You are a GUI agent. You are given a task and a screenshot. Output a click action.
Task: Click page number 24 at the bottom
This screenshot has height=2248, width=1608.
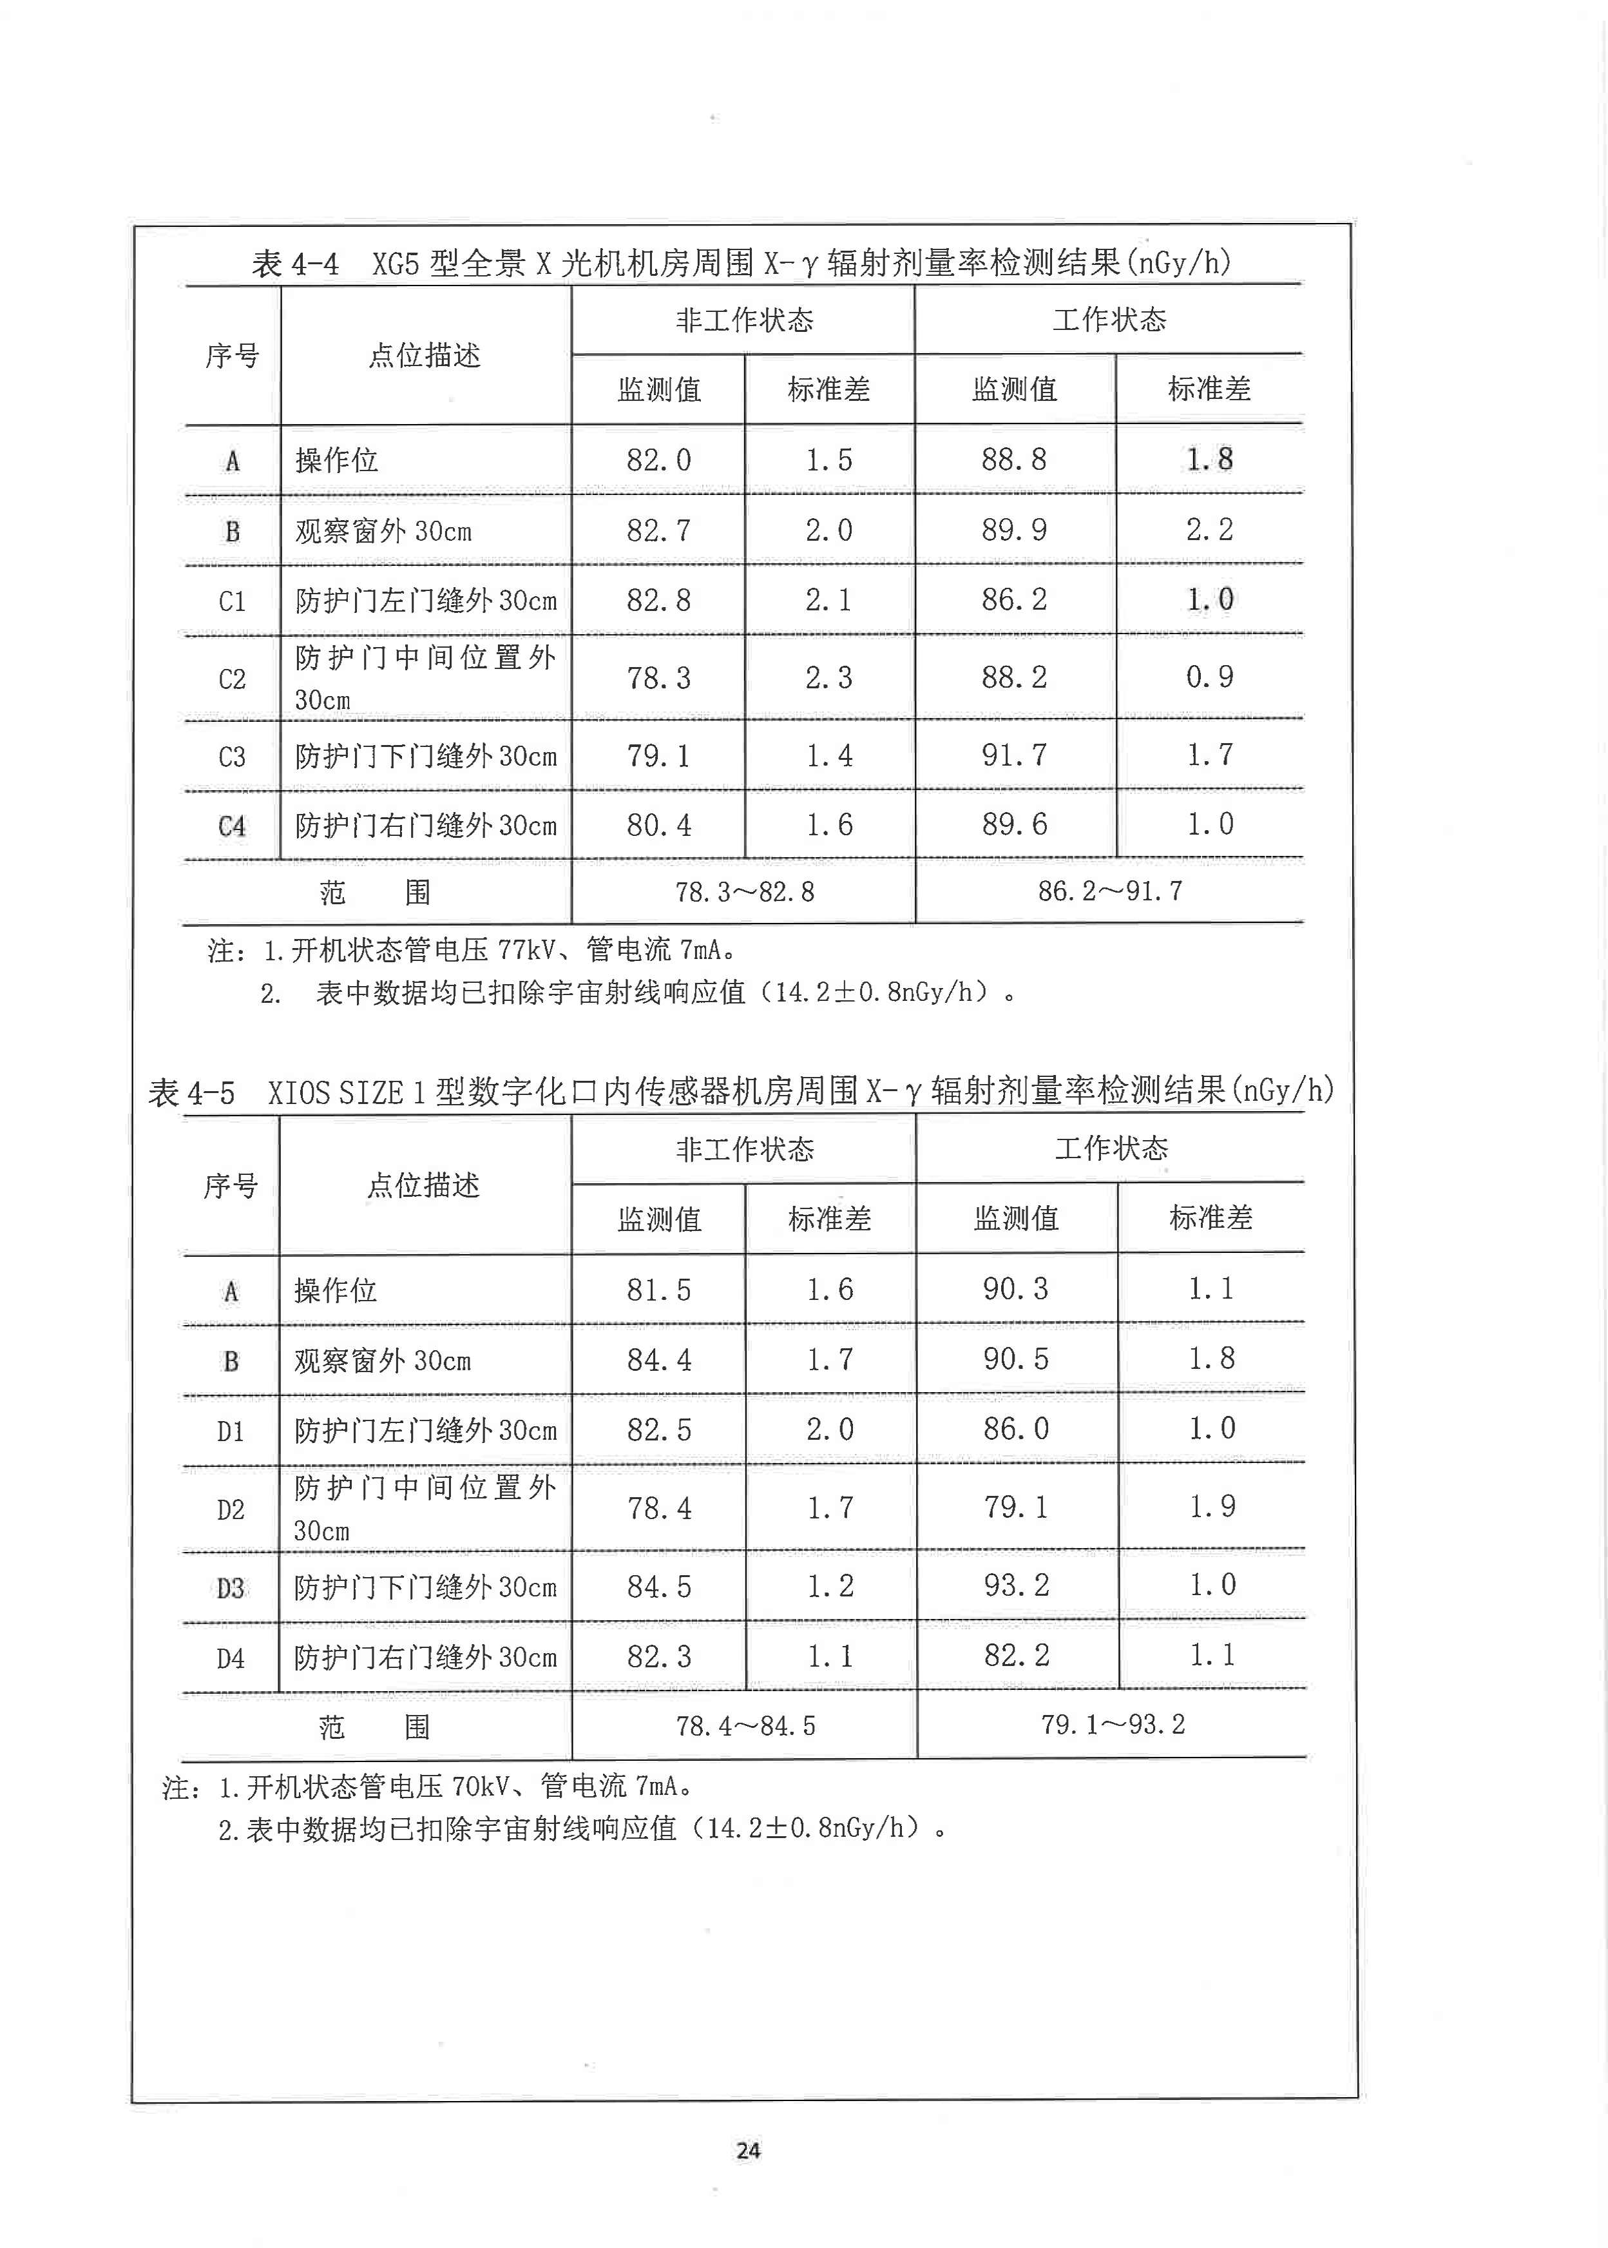(x=747, y=2150)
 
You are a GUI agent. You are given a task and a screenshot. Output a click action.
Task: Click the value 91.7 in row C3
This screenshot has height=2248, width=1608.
(x=1014, y=755)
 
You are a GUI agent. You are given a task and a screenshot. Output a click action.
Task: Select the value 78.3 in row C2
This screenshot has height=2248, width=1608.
(x=658, y=679)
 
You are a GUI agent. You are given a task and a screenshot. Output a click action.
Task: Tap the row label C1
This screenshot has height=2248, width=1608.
(x=232, y=601)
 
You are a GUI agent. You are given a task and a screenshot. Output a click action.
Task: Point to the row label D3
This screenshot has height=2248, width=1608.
(x=231, y=1589)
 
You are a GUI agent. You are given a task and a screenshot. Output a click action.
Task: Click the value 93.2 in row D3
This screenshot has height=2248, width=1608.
(x=1016, y=1585)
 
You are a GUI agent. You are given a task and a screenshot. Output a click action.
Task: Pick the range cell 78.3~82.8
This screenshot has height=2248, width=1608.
(x=745, y=892)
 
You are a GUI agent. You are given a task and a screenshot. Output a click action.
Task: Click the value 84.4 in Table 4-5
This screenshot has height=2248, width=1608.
(x=658, y=1361)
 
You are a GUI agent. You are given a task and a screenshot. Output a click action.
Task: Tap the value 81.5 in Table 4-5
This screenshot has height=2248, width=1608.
(x=658, y=1290)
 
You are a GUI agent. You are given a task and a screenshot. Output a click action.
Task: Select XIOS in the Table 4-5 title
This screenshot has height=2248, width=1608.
(x=299, y=1093)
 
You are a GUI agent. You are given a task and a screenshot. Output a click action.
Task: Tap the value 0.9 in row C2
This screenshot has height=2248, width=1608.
(x=1209, y=677)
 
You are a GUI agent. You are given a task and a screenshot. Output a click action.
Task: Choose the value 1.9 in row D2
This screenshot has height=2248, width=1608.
(x=1212, y=1507)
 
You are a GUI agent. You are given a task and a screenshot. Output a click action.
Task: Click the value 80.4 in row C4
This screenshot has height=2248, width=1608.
(x=658, y=825)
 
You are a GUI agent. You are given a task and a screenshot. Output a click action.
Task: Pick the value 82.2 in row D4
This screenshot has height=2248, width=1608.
(x=1016, y=1656)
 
